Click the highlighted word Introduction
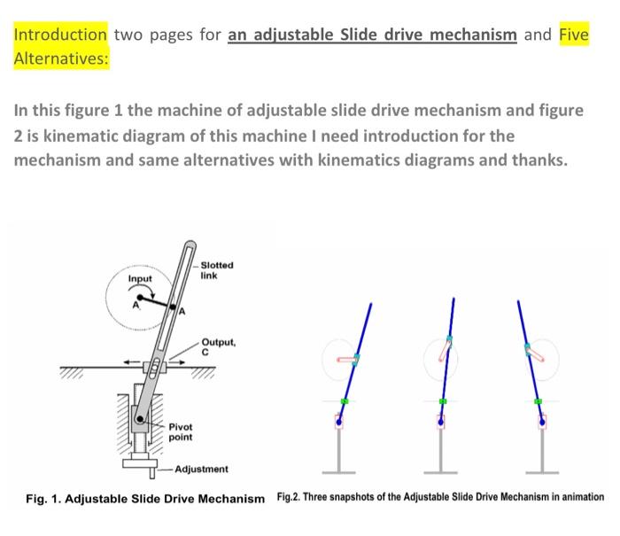[60, 35]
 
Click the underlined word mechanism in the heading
[473, 35]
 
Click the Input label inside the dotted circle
[141, 280]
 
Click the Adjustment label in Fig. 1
[201, 469]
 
